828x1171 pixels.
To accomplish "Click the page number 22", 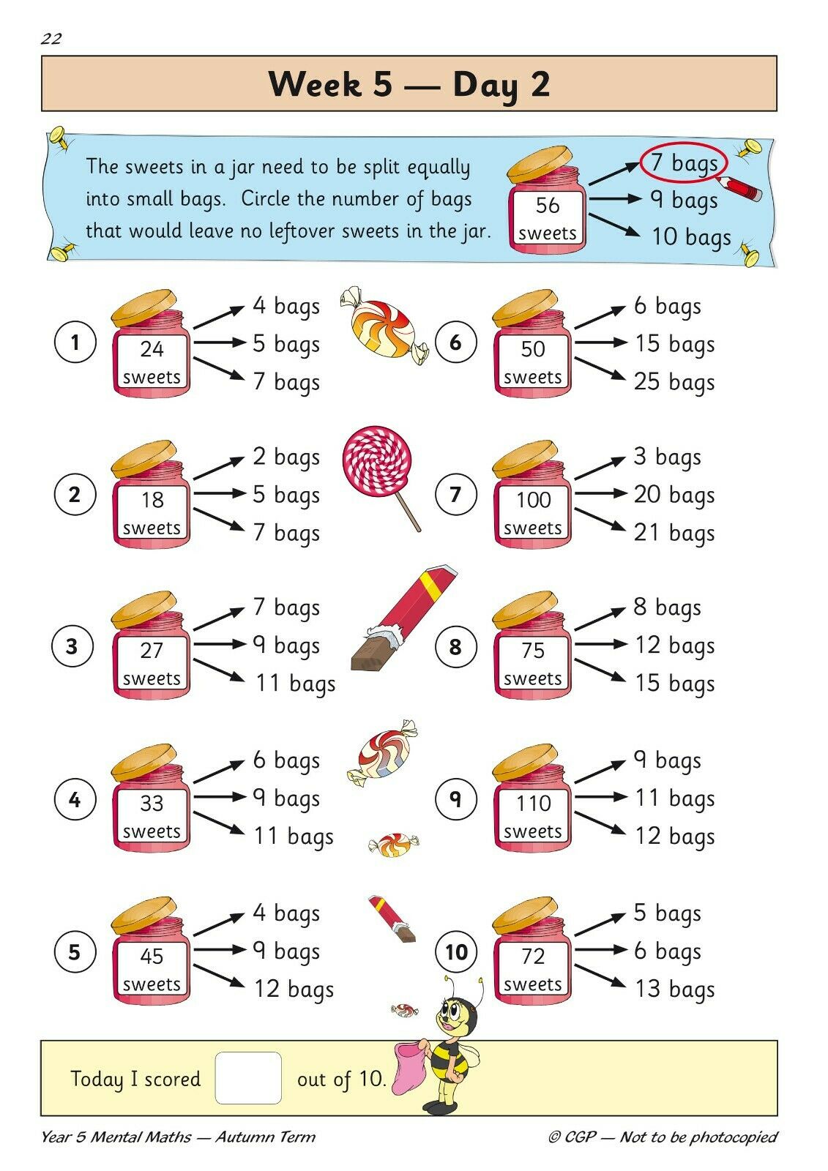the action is (x=51, y=39).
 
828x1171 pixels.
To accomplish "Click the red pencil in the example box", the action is (x=739, y=188).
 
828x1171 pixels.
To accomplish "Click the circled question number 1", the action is (x=75, y=343).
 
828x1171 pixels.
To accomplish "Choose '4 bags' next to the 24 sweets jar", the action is (x=286, y=307).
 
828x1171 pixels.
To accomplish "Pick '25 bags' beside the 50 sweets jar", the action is (x=674, y=382).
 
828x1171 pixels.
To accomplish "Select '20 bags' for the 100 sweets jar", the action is (x=674, y=495).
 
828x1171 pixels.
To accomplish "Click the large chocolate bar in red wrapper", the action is (x=403, y=617).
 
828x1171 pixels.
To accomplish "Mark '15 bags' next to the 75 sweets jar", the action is (x=674, y=684).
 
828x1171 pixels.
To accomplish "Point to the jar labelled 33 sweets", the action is (x=151, y=798).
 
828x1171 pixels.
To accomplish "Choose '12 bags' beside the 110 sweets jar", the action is (x=674, y=836).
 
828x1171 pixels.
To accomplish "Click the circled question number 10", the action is (x=456, y=951).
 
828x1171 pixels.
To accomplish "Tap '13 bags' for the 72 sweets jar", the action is (x=674, y=989).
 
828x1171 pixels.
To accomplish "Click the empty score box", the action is (x=248, y=1078).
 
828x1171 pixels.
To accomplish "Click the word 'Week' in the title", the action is (x=316, y=83).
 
